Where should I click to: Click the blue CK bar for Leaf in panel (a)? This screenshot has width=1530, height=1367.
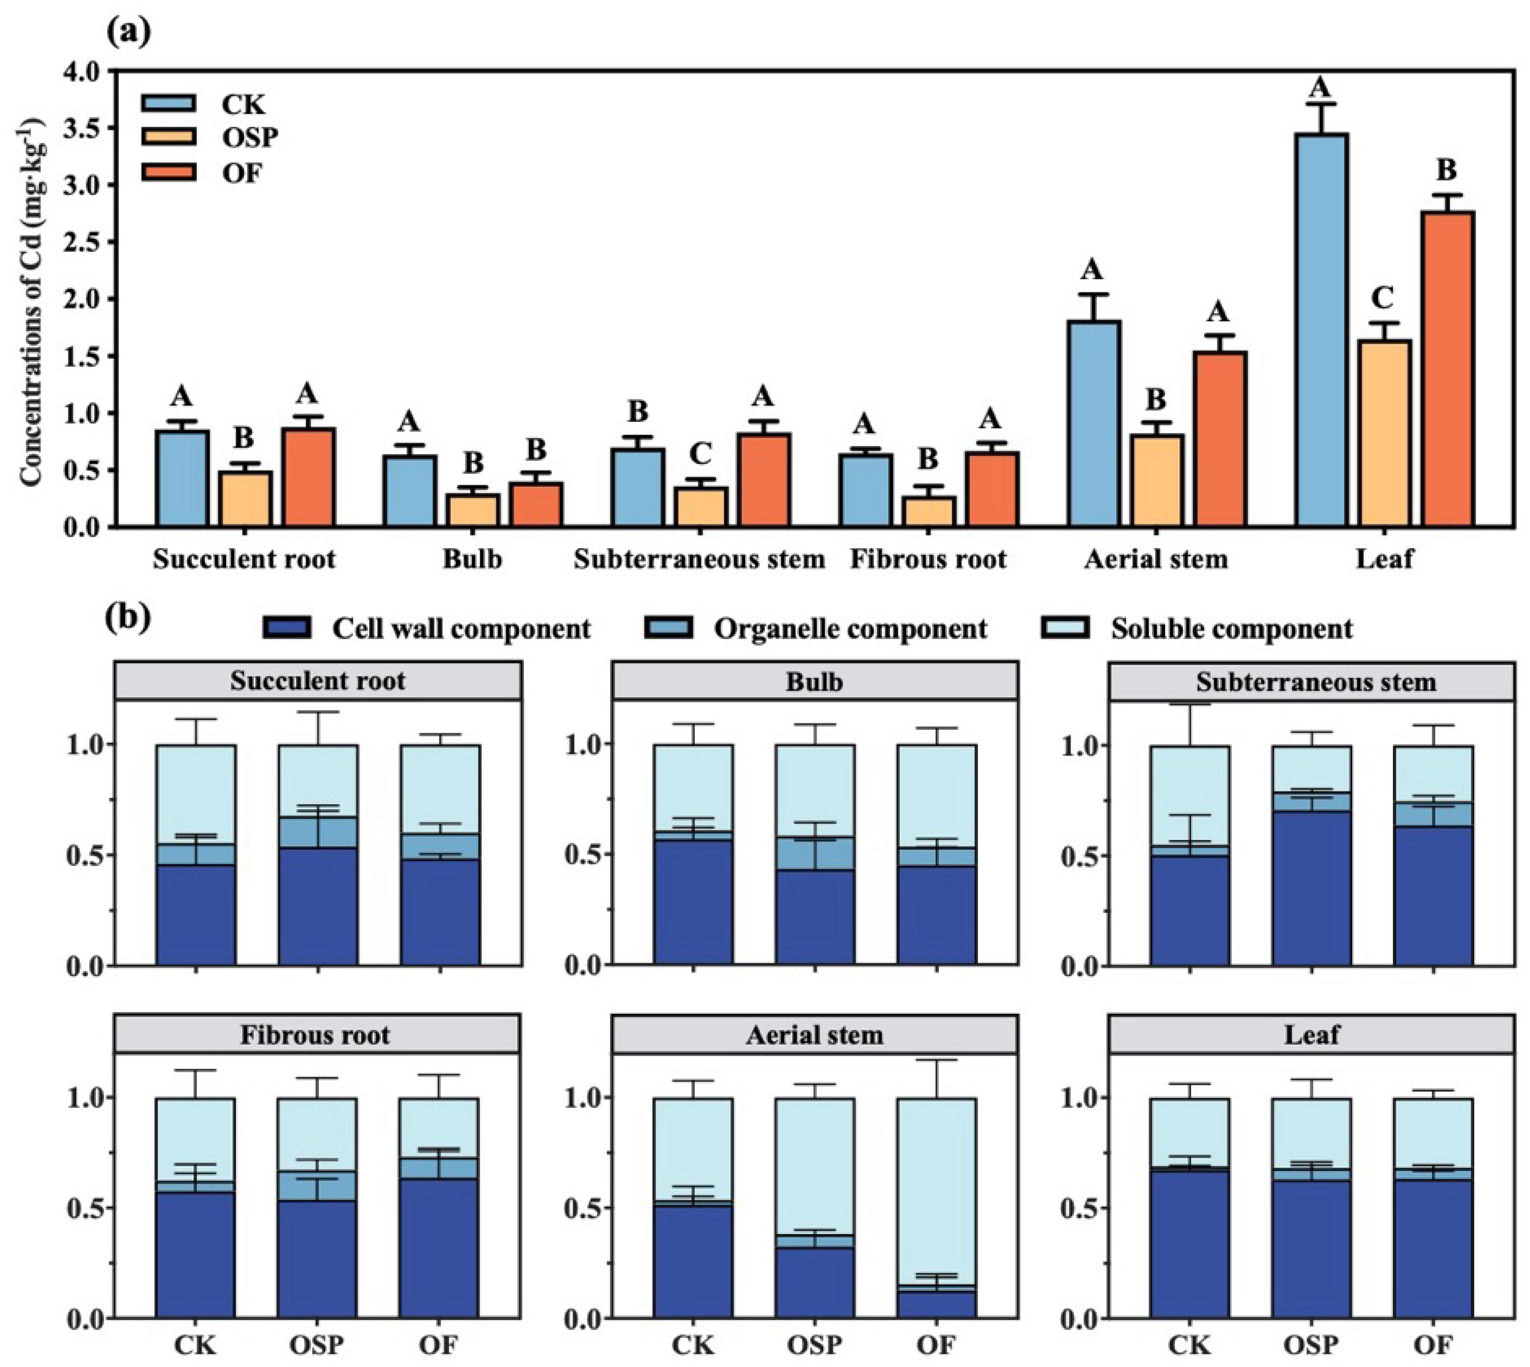tap(1322, 330)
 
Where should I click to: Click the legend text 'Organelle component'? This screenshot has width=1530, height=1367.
tap(850, 629)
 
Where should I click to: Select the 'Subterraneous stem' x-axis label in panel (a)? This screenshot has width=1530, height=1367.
tap(699, 559)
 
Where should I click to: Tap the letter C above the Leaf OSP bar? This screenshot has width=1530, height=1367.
tap(1383, 298)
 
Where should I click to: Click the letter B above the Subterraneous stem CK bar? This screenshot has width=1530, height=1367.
tap(638, 412)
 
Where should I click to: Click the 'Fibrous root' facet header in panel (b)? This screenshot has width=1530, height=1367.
tap(316, 1035)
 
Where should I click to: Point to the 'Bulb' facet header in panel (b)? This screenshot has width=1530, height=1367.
tap(815, 681)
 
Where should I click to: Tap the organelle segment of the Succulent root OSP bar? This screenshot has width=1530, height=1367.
tap(318, 833)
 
